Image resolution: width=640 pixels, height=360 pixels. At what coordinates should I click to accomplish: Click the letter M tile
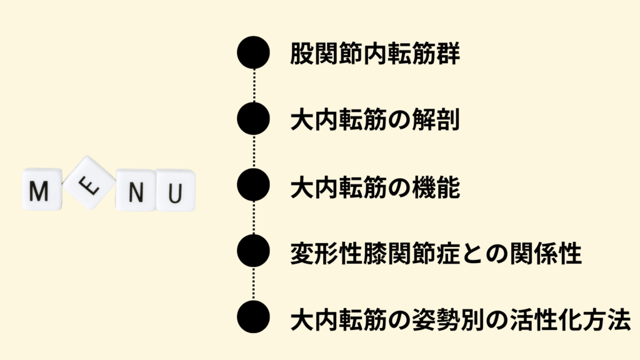pyautogui.click(x=42, y=189)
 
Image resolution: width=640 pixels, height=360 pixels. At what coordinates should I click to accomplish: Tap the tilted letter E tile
pyautogui.click(x=89, y=182)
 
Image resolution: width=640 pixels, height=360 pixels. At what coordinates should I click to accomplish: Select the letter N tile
pyautogui.click(x=136, y=190)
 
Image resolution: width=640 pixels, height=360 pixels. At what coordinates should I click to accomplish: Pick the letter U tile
pyautogui.click(x=176, y=191)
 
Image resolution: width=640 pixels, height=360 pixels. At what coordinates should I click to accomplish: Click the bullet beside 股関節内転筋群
pyautogui.click(x=254, y=52)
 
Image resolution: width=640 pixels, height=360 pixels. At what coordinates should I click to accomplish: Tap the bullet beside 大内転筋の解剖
pyautogui.click(x=254, y=118)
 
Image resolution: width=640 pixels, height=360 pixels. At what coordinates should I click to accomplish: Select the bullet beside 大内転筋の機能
pyautogui.click(x=254, y=184)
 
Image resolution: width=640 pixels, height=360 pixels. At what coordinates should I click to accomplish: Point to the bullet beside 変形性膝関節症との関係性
pyautogui.click(x=254, y=251)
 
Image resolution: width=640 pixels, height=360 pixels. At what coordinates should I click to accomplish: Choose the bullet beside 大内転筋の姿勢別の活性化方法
pyautogui.click(x=254, y=317)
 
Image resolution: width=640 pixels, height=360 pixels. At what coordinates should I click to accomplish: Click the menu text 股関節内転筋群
pyautogui.click(x=375, y=53)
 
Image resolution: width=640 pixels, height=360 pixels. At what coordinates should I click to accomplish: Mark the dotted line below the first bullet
pyautogui.click(x=254, y=85)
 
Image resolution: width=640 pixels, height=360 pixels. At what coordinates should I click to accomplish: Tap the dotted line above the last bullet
pyautogui.click(x=254, y=284)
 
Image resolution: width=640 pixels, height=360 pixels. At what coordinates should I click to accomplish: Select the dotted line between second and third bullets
pyautogui.click(x=254, y=151)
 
